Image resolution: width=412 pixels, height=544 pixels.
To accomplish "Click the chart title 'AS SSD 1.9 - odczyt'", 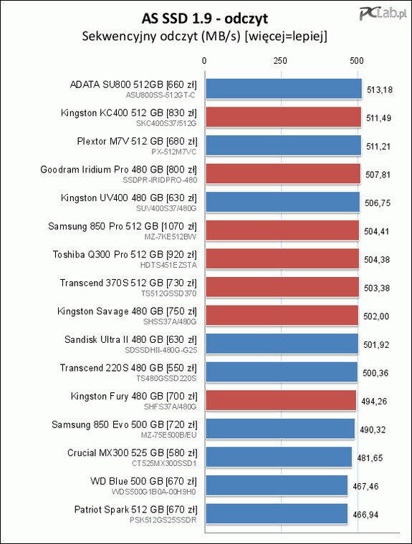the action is [x=205, y=19].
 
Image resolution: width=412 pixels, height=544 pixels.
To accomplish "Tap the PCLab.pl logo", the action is [x=383, y=14].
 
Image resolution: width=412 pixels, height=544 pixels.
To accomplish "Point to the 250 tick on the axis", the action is [x=280, y=61].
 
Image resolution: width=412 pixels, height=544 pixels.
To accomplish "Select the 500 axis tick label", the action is [x=357, y=61].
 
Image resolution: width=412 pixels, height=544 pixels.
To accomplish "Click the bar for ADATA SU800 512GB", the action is [x=284, y=89].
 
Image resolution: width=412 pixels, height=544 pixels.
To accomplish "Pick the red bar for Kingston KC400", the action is [x=284, y=117].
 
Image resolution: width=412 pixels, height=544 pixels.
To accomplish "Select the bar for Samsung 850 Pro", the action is [x=282, y=230].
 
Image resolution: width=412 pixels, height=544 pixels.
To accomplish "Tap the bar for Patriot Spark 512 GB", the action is [x=277, y=513].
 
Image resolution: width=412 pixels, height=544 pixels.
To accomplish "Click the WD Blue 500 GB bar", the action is [x=277, y=485].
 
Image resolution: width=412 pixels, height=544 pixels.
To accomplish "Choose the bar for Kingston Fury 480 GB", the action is [x=281, y=400].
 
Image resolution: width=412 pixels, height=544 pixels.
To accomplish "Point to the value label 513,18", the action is [x=380, y=90].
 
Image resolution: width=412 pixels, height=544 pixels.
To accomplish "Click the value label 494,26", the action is [x=374, y=402].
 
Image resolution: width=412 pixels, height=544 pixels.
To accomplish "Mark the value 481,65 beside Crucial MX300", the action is [x=370, y=458].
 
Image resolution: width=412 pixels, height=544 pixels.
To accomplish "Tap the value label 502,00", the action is [x=376, y=316].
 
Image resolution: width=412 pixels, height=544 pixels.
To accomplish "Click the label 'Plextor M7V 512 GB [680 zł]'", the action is [x=138, y=142].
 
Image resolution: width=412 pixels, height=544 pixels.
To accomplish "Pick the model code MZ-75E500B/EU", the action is [x=168, y=435].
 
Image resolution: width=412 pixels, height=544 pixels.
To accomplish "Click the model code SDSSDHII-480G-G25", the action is [x=161, y=350].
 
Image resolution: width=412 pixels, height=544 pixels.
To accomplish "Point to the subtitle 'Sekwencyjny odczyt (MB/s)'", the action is [x=161, y=36].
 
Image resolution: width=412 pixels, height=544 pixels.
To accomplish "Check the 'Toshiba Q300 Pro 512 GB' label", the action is [x=108, y=255].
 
